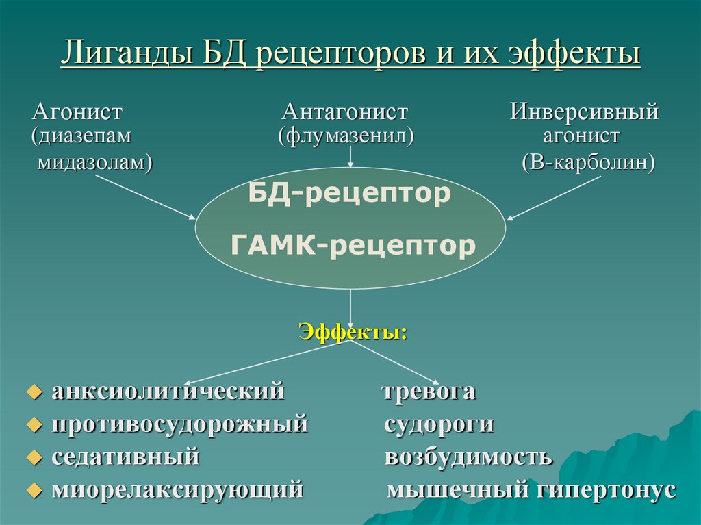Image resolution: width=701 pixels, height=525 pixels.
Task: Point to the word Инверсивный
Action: click(583, 112)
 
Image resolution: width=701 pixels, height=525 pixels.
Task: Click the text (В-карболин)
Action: click(587, 163)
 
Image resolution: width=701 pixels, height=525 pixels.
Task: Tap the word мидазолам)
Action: click(94, 163)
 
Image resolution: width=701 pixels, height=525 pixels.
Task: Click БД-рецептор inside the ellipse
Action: click(349, 194)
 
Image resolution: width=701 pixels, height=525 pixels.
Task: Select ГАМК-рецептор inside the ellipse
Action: click(353, 245)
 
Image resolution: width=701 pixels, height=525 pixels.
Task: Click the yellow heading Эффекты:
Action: click(353, 333)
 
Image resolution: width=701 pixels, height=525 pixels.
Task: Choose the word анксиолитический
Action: click(168, 392)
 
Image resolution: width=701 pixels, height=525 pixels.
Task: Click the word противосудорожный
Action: click(180, 424)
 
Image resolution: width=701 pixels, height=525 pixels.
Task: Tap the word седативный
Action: click(125, 457)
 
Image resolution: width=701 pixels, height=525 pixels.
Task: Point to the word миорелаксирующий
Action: click(177, 489)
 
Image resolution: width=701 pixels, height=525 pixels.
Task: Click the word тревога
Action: click(428, 392)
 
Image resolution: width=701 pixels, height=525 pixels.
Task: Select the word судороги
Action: click(439, 424)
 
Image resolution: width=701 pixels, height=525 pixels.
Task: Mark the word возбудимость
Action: click(468, 457)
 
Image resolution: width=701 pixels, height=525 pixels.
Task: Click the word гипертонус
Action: click(606, 489)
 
